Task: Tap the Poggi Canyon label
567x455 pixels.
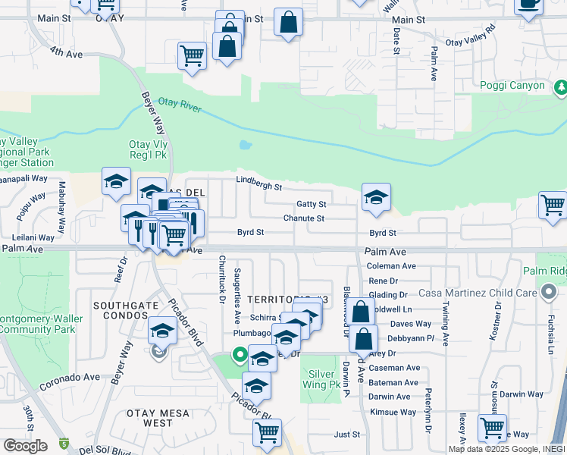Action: point(512,86)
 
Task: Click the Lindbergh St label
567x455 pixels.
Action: point(258,183)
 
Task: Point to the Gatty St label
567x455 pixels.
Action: point(311,204)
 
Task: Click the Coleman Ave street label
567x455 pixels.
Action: point(391,266)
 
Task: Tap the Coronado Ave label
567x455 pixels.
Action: point(70,377)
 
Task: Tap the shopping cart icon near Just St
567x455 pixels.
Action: point(267,432)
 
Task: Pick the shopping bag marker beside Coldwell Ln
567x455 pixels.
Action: point(362,311)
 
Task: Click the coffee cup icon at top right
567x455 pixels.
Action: point(528,5)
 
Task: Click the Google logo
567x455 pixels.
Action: point(25,445)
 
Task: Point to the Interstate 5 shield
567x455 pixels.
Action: point(64,443)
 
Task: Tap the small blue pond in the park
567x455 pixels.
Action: point(244,144)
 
